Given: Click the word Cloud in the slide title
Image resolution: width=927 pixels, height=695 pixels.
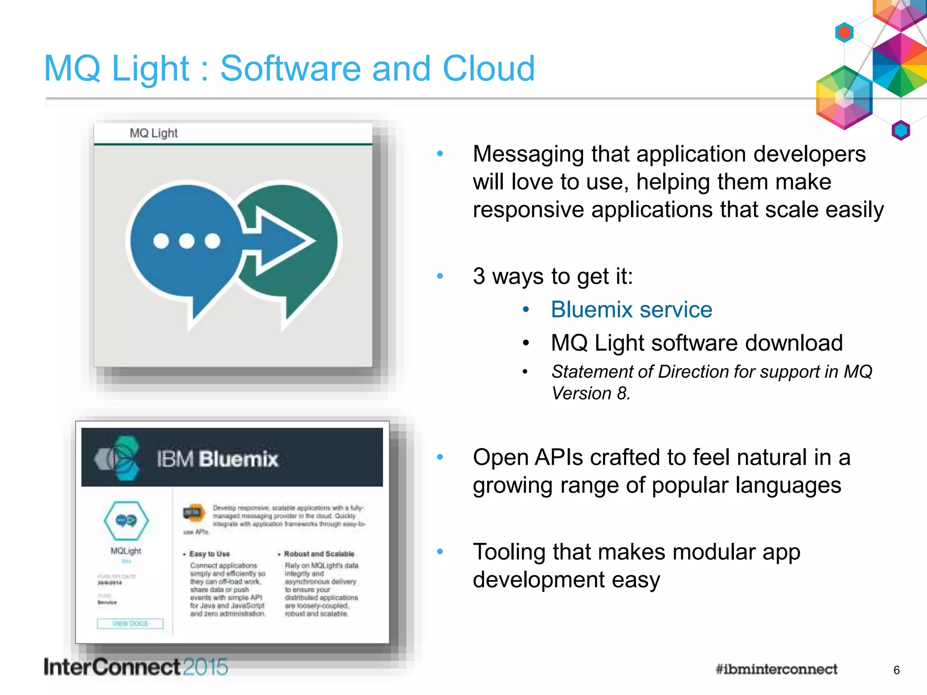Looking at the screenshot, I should (x=489, y=68).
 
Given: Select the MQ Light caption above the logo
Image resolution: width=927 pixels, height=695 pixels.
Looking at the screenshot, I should (x=153, y=133).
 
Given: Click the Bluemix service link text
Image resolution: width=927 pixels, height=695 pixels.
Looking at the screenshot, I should (x=631, y=310).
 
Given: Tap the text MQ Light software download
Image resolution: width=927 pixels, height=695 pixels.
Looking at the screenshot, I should (x=697, y=343).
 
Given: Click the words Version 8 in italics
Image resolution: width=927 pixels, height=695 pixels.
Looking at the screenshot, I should (x=590, y=394).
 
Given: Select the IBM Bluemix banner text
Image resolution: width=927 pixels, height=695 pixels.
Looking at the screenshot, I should (x=217, y=459).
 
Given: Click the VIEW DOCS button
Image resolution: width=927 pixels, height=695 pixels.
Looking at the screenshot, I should (x=130, y=624).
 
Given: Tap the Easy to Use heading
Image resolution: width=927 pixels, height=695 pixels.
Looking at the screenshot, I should (x=209, y=554).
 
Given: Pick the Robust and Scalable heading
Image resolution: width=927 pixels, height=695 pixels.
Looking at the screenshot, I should (x=319, y=554).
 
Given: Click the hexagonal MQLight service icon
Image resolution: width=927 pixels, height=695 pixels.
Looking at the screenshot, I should (x=126, y=520).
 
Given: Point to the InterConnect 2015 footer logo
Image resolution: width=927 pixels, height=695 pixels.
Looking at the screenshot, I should (x=136, y=667).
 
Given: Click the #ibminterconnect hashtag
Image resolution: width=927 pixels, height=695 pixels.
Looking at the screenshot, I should (x=776, y=669).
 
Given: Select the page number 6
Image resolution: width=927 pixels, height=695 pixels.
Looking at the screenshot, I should (x=896, y=670).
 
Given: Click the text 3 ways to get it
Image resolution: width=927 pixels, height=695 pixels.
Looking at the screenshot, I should (x=552, y=276).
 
